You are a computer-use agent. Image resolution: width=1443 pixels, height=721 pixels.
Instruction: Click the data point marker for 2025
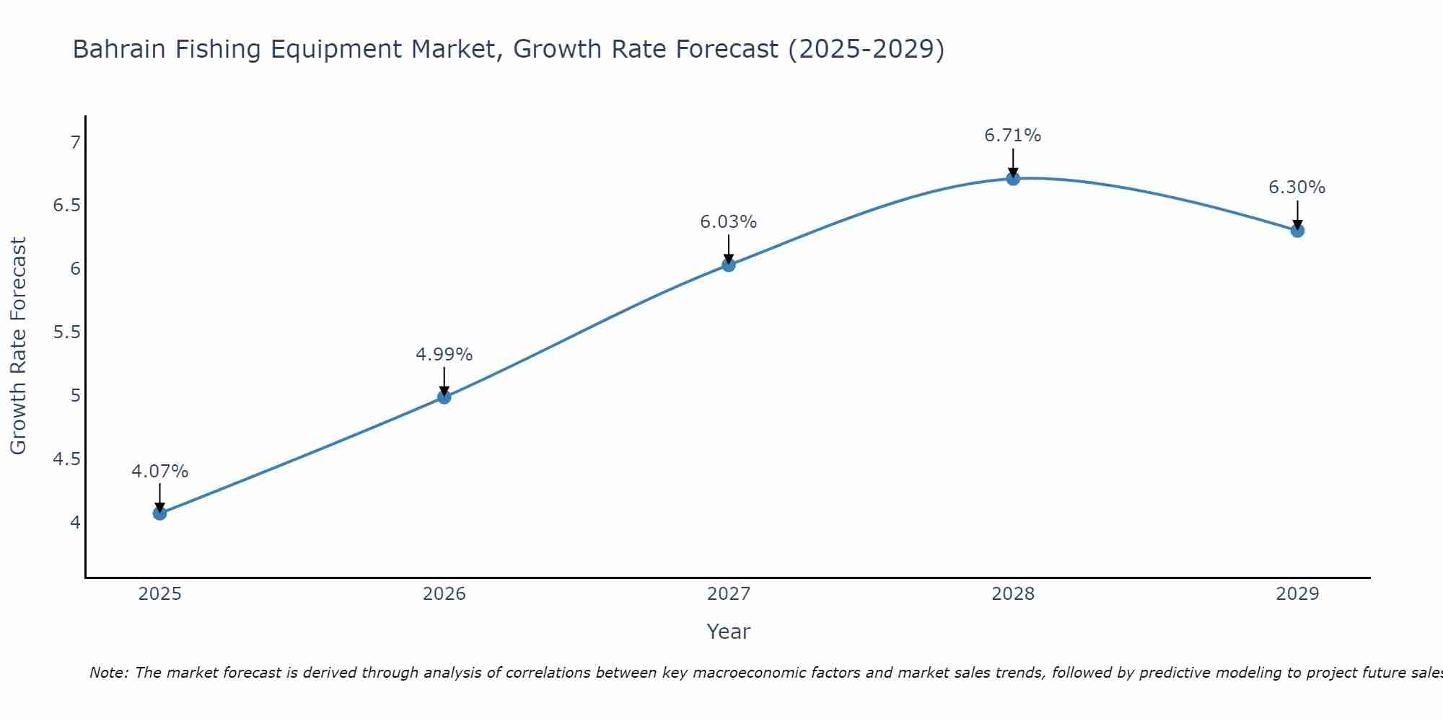pyautogui.click(x=159, y=513)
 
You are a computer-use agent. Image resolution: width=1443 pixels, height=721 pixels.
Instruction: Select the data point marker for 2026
pyautogui.click(x=444, y=397)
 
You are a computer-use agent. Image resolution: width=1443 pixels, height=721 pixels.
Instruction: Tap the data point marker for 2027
pyautogui.click(x=728, y=265)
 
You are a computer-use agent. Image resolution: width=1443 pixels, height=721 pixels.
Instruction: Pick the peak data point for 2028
pyautogui.click(x=1013, y=178)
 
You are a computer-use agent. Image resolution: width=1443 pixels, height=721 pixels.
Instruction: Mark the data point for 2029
pyautogui.click(x=1297, y=231)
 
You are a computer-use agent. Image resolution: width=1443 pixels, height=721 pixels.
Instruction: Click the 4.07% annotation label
pyautogui.click(x=159, y=472)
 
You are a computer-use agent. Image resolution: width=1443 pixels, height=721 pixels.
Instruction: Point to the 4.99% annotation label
pyautogui.click(x=444, y=355)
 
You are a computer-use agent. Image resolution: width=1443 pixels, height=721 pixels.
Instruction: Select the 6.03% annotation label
pyautogui.click(x=728, y=222)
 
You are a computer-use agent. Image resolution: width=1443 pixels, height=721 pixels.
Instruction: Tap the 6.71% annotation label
pyautogui.click(x=1013, y=136)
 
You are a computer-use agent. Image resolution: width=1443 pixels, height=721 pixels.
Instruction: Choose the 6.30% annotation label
pyautogui.click(x=1297, y=187)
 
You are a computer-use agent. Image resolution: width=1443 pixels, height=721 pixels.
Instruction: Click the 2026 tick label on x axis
pyautogui.click(x=444, y=594)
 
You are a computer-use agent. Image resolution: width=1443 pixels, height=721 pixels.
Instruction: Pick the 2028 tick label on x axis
pyautogui.click(x=1013, y=594)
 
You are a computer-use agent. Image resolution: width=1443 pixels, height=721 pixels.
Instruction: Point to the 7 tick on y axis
pyautogui.click(x=75, y=143)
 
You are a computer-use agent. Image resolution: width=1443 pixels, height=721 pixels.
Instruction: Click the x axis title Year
pyautogui.click(x=728, y=632)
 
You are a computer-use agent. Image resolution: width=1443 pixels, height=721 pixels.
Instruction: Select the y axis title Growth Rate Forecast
pyautogui.click(x=18, y=346)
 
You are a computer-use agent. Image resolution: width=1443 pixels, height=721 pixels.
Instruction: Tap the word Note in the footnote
pyautogui.click(x=108, y=673)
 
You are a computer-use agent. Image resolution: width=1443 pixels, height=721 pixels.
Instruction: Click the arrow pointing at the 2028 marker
pyautogui.click(x=1013, y=162)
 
